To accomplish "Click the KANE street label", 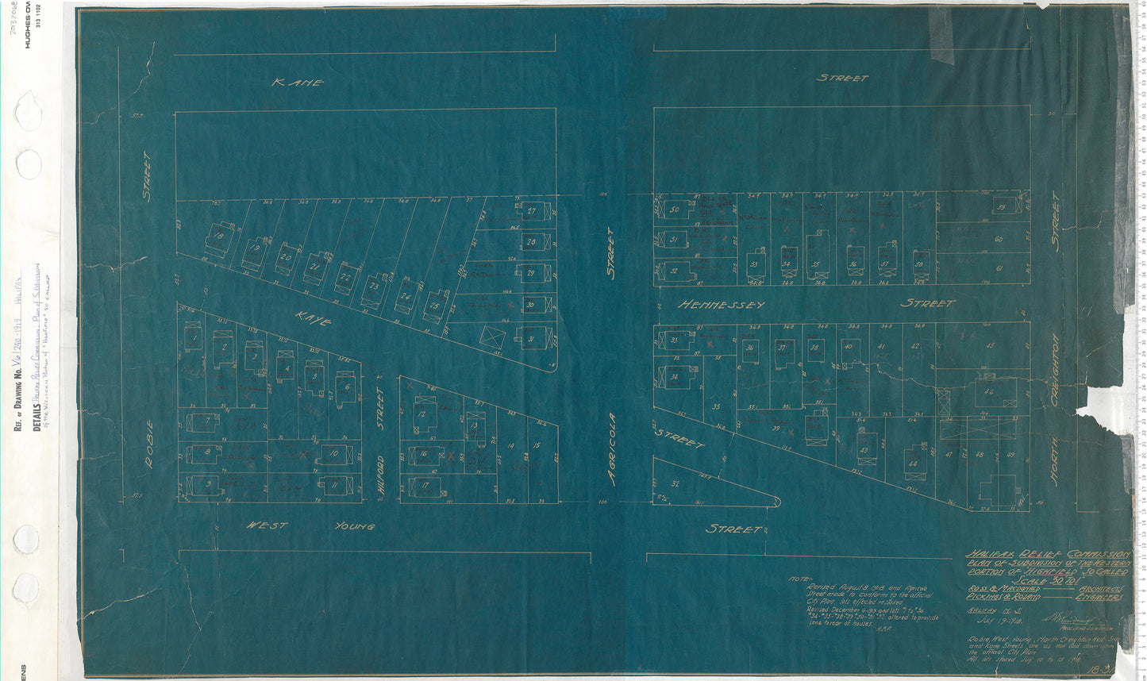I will pyautogui.click(x=297, y=82).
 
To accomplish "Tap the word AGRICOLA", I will pyautogui.click(x=611, y=448).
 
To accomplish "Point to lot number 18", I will pyautogui.click(x=217, y=237).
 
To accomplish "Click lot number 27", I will pyautogui.click(x=531, y=212).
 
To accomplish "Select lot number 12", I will pyautogui.click(x=421, y=414).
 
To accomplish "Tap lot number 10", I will pyautogui.click(x=333, y=455).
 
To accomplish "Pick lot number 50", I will pyautogui.click(x=674, y=210).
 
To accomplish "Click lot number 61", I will pyautogui.click(x=999, y=268).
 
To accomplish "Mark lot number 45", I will pyautogui.click(x=989, y=345).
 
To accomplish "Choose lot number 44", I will pyautogui.click(x=913, y=463).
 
